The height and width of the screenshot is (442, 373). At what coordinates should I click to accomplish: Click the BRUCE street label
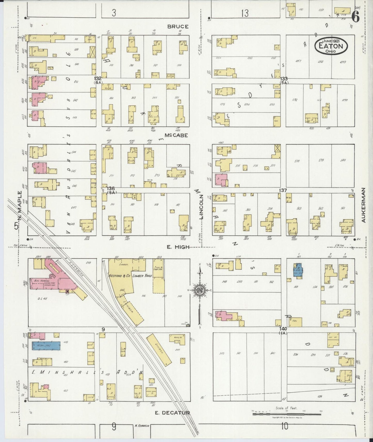(x=178, y=27)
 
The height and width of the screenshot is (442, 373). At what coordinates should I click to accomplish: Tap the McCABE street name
(x=177, y=135)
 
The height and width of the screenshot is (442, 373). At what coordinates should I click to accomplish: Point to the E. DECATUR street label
(x=172, y=413)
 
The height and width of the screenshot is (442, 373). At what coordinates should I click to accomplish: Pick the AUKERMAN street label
(x=364, y=205)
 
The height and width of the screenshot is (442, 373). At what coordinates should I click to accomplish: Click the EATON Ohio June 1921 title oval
(x=331, y=46)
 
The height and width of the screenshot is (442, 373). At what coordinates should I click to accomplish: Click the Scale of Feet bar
(x=287, y=414)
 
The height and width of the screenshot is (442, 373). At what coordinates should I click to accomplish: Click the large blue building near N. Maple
(x=46, y=346)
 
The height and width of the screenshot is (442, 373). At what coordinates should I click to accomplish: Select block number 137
(x=283, y=190)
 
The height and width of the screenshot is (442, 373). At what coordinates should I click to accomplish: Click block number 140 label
(x=283, y=329)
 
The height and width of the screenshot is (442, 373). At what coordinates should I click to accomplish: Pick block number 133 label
(x=284, y=78)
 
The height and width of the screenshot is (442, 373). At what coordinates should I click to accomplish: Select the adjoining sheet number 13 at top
(x=244, y=13)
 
